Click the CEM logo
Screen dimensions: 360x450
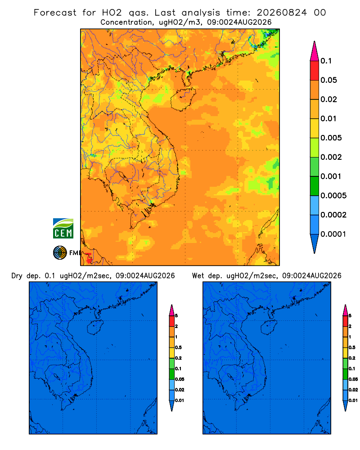[x=63, y=229]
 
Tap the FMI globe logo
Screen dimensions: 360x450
[x=60, y=253]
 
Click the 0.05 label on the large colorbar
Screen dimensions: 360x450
[x=328, y=80]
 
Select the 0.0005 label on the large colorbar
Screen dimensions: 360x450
[x=333, y=196]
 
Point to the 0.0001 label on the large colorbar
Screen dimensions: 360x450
[x=333, y=234]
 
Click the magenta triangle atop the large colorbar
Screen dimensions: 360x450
[x=315, y=51]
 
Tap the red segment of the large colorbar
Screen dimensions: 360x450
[x=315, y=71]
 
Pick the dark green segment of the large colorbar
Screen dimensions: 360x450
[x=315, y=186]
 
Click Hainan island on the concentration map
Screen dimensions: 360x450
[x=183, y=99]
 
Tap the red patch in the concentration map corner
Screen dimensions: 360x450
[x=89, y=258]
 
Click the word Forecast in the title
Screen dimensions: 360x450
[x=55, y=13]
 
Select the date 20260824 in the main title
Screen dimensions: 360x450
[x=282, y=13]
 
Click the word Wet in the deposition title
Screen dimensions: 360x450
[x=198, y=276]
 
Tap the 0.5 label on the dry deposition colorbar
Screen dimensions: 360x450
[x=178, y=347]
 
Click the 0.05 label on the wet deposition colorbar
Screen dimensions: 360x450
[x=353, y=379]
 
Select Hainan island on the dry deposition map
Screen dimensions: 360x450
[x=95, y=328]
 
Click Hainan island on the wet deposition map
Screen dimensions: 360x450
[x=269, y=328]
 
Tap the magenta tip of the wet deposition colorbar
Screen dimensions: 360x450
[x=345, y=310]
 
